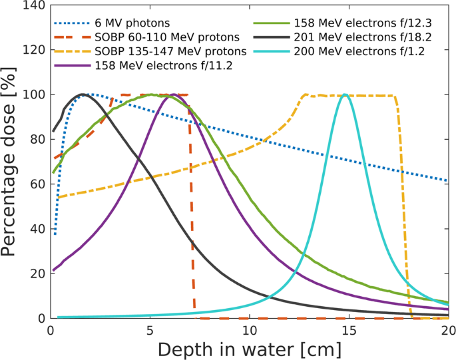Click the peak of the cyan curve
[x=345, y=94]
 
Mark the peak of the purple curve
[x=172, y=94]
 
